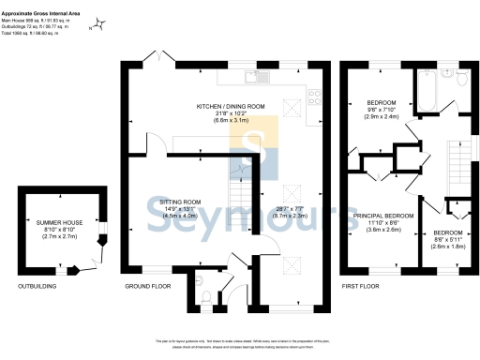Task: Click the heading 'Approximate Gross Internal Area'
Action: coord(39,5)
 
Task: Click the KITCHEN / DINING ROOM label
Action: coord(229,106)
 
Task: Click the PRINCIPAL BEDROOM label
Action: coord(383,216)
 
